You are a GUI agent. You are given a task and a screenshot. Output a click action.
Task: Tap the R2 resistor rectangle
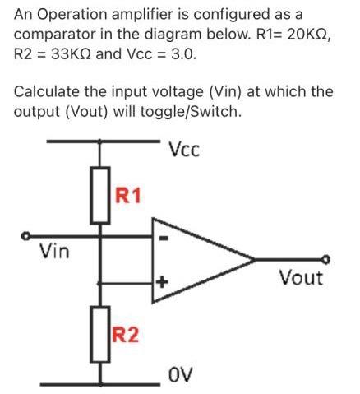pos(101,333)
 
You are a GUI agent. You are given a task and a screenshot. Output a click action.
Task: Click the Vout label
pos(300,277)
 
